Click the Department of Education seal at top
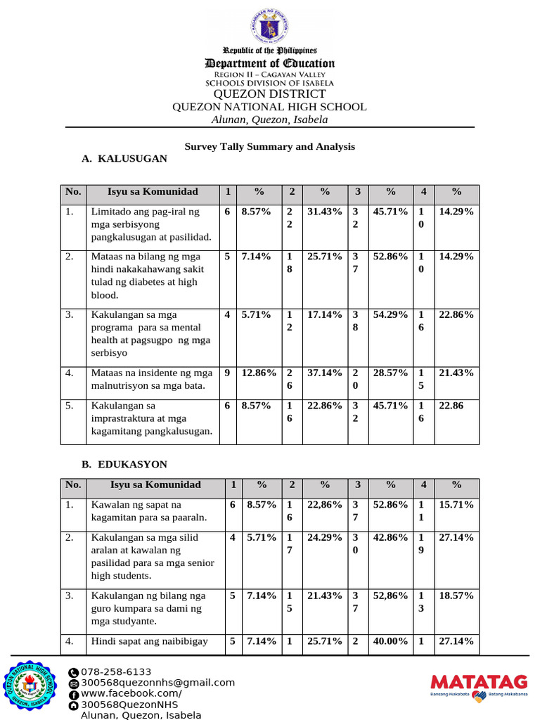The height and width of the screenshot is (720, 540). tap(269, 28)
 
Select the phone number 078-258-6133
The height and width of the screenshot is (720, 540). tap(117, 671)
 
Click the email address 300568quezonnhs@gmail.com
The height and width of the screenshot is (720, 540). tap(158, 683)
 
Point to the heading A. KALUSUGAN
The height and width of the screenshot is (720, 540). tap(124, 159)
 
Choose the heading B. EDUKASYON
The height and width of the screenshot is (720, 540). tap(124, 465)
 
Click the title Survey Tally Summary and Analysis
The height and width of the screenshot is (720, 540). tap(269, 146)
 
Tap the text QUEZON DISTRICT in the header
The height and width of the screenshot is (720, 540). tap(269, 94)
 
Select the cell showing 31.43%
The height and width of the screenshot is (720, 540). tap(324, 212)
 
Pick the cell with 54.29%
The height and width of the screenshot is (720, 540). tap(391, 315)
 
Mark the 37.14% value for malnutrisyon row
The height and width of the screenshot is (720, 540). tap(324, 373)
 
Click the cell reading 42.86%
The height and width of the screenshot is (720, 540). tap(391, 537)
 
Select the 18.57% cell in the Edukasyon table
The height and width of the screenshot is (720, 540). tap(456, 596)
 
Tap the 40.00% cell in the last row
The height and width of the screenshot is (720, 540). tap(391, 641)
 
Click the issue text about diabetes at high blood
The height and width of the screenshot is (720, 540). tap(145, 276)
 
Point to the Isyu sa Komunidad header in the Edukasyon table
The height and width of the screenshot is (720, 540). tap(155, 484)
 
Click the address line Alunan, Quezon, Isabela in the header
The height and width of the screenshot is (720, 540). tap(269, 120)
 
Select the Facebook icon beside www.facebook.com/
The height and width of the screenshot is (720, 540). tap(74, 695)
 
